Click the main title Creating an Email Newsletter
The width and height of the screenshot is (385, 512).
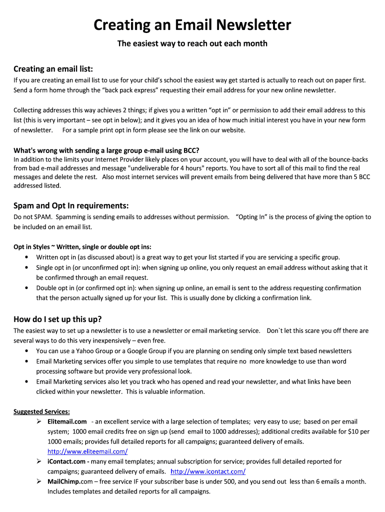click(x=192, y=24)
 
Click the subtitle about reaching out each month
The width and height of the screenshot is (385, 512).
click(x=192, y=43)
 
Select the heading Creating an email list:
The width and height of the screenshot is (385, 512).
click(x=53, y=68)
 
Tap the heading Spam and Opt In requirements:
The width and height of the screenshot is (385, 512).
click(x=71, y=205)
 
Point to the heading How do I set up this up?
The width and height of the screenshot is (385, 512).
click(x=57, y=319)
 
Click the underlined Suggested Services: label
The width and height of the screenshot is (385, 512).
click(x=41, y=411)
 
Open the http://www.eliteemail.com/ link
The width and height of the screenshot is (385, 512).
click(x=87, y=451)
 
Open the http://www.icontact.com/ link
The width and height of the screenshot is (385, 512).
click(x=208, y=471)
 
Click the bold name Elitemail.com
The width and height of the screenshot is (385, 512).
click(x=67, y=421)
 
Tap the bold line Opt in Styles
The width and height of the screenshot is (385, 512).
click(x=82, y=247)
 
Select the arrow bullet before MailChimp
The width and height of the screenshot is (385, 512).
click(x=38, y=481)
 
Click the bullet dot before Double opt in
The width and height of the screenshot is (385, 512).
click(x=26, y=288)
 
